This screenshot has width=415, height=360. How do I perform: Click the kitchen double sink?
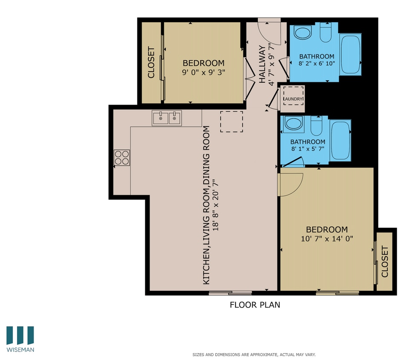tap(167, 118)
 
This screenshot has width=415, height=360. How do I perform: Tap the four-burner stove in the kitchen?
tap(121, 158)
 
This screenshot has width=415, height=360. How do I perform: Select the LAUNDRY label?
tap(293, 99)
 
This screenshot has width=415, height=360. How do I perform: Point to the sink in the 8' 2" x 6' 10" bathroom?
tap(303, 33)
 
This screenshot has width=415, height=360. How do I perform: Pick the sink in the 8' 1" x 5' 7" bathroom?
tap(293, 124)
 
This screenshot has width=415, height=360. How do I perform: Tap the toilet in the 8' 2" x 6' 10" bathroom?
tap(325, 33)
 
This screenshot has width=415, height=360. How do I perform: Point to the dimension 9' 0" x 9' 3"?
tap(203, 73)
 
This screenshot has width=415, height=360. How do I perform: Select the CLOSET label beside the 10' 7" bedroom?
tap(385, 261)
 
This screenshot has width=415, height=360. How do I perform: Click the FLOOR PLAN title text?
tap(255, 305)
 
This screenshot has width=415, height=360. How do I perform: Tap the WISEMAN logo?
tap(20, 340)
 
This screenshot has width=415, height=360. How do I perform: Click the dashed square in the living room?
tap(231, 122)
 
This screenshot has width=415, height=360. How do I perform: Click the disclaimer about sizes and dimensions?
tap(254, 354)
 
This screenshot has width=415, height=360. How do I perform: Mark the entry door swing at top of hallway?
tap(270, 32)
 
